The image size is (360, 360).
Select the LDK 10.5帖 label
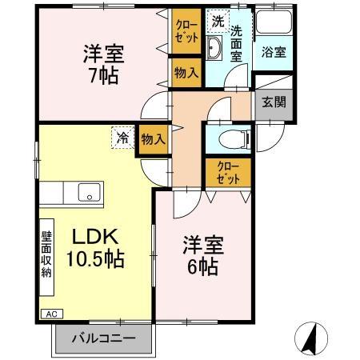96,248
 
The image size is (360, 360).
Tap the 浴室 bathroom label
274,53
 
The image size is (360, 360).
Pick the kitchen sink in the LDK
87,192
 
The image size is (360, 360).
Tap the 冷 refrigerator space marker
121,138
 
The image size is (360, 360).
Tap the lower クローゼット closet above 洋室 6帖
229,173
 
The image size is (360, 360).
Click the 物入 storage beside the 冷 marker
152,138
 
